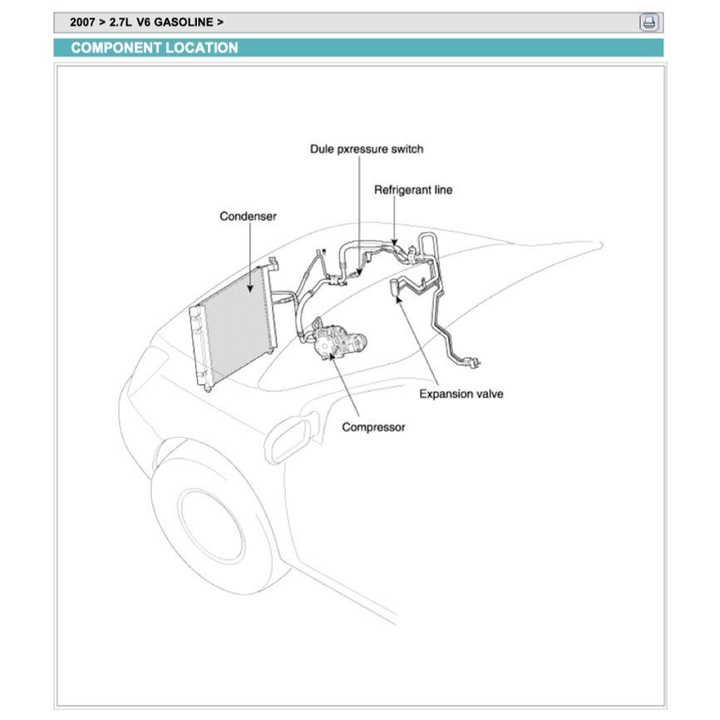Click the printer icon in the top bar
click(x=648, y=22)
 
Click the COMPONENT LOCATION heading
click(x=155, y=48)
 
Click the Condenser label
click(x=248, y=216)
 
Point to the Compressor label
click(x=373, y=427)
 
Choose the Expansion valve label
click(x=461, y=393)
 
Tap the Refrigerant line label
click(x=413, y=190)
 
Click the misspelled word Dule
click(x=323, y=149)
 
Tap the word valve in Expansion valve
click(x=488, y=393)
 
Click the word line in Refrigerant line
click(x=442, y=190)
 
